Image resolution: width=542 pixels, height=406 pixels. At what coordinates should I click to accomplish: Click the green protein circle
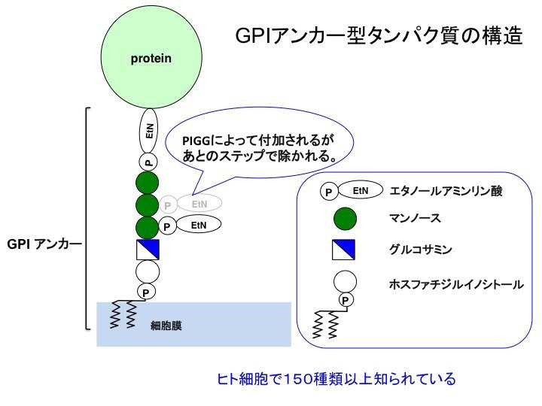tap(151, 57)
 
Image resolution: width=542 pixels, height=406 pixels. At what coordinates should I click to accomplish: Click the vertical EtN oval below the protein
tap(148, 131)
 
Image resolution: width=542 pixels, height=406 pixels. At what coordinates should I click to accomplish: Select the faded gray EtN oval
tap(199, 203)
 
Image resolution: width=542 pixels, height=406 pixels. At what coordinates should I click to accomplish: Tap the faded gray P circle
tap(168, 205)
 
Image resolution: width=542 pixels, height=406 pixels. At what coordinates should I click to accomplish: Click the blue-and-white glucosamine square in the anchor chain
tap(148, 250)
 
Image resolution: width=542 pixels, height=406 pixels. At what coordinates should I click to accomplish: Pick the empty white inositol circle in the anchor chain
tap(148, 272)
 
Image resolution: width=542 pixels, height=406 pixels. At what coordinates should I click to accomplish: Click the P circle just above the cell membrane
tap(146, 292)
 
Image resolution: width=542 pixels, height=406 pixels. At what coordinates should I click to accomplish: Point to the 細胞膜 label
tap(166, 326)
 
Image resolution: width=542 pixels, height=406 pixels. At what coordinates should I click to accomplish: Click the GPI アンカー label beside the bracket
tap(44, 244)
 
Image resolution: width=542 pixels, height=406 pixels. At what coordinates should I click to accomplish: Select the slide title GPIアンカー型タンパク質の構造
tap(379, 36)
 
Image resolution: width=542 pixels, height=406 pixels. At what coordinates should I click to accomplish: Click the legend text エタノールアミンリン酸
tap(446, 191)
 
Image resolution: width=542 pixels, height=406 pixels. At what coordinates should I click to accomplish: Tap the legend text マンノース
tap(415, 218)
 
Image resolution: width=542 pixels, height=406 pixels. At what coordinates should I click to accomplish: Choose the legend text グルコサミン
tap(420, 249)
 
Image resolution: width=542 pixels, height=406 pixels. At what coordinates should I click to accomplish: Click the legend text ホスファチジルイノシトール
tap(456, 284)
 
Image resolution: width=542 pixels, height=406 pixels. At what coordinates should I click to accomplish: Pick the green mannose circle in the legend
tap(345, 219)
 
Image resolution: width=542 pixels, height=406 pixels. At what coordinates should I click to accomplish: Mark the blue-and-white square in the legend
tap(343, 250)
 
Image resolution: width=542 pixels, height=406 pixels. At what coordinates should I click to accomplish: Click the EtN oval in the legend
tap(361, 190)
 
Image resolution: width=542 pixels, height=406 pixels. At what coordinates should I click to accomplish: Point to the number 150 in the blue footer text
tap(297, 379)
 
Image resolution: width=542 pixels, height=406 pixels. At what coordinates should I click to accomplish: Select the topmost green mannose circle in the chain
tap(148, 183)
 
